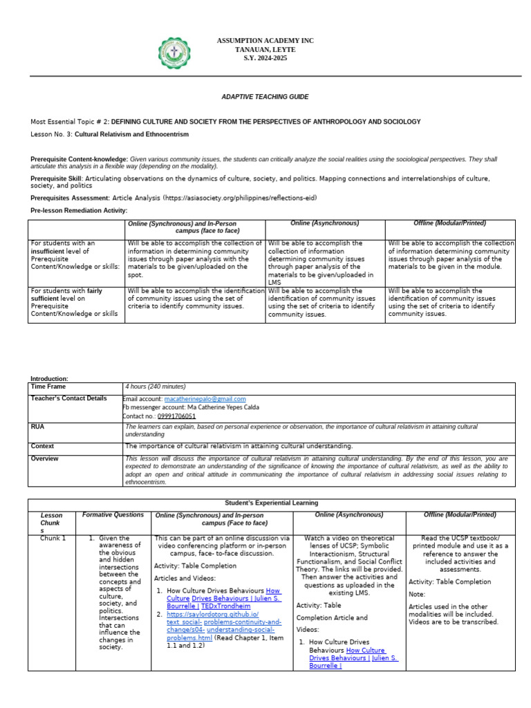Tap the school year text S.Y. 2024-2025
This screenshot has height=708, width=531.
pos(265,58)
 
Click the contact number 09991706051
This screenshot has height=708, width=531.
pos(176,416)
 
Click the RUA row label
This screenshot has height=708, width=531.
pos(37,427)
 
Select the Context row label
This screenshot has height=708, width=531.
pos(42,446)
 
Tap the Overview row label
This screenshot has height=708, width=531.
pos(45,458)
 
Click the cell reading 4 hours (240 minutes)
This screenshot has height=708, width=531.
pos(156,386)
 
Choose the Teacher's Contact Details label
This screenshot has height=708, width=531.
pos(68,399)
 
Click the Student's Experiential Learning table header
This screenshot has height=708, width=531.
pos(271,503)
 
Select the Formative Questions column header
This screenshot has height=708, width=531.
pos(113,515)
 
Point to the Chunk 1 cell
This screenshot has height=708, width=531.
pos(53,538)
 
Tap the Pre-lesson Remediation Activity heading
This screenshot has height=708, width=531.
pos(79,210)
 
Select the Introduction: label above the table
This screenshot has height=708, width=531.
pos(49,378)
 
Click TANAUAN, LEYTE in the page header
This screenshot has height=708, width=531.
pos(265,50)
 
